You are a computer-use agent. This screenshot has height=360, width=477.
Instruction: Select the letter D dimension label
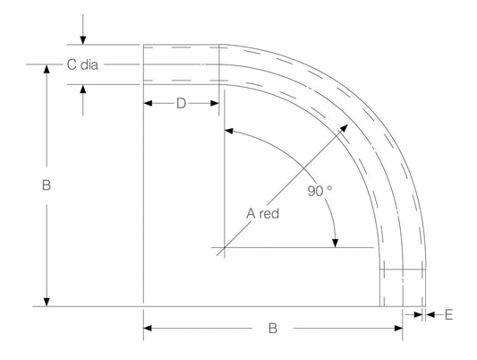(181, 104)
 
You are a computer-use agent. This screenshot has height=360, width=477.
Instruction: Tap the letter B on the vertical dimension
(47, 186)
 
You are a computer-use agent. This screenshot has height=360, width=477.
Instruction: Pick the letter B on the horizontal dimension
(273, 328)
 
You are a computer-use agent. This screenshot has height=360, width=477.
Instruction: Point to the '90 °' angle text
(319, 190)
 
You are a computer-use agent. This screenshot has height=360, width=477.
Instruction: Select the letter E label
(448, 314)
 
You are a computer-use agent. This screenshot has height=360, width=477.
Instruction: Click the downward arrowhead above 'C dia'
(82, 40)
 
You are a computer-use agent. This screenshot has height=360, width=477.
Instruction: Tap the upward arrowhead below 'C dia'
(82, 89)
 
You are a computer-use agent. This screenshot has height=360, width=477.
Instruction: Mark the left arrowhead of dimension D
(149, 104)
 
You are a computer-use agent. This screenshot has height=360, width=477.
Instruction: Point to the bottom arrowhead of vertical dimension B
(47, 302)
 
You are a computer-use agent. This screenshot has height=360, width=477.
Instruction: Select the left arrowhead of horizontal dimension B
(149, 328)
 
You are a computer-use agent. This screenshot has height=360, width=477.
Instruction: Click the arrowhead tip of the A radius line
(345, 128)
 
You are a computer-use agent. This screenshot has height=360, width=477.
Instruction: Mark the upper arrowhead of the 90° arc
(230, 132)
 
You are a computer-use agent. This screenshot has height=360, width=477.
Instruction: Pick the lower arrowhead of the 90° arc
(335, 241)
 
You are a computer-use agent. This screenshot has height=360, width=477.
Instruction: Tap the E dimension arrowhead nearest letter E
(429, 314)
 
